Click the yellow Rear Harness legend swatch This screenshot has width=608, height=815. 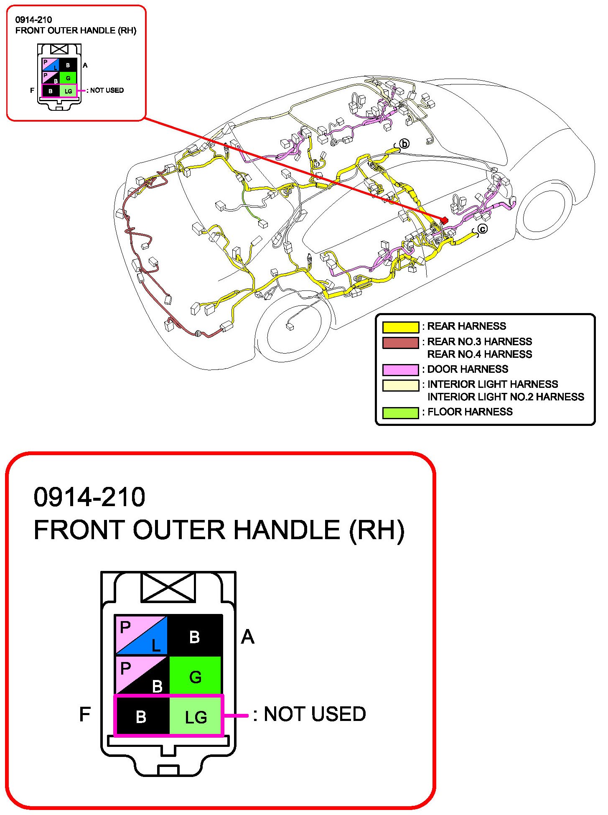(x=400, y=327)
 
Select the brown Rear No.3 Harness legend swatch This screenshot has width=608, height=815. (x=400, y=343)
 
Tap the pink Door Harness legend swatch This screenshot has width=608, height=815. (x=400, y=370)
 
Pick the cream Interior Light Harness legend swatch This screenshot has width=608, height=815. (x=400, y=385)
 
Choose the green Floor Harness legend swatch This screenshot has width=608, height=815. (x=400, y=413)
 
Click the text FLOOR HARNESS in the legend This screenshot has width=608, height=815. (x=470, y=412)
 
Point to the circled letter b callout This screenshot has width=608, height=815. (x=404, y=144)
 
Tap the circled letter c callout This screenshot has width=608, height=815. (x=482, y=229)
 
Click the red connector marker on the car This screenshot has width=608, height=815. (x=444, y=220)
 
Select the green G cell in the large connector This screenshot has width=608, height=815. (x=195, y=676)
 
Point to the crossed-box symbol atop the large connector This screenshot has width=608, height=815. (x=168, y=587)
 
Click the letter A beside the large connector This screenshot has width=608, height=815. (x=247, y=637)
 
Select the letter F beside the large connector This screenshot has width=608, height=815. (x=85, y=714)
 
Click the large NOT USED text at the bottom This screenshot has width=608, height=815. (x=315, y=714)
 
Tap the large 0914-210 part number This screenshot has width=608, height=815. (x=89, y=497)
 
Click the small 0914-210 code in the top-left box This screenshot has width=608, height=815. (x=33, y=20)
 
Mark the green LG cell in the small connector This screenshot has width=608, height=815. (x=68, y=91)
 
